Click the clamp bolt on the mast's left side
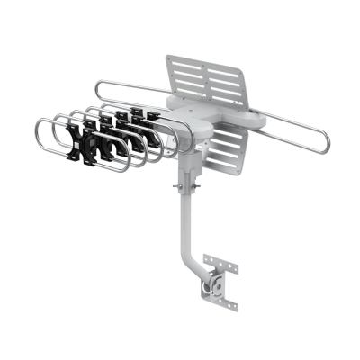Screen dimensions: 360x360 pos(178,187)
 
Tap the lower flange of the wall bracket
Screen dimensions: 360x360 pos(227,303)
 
